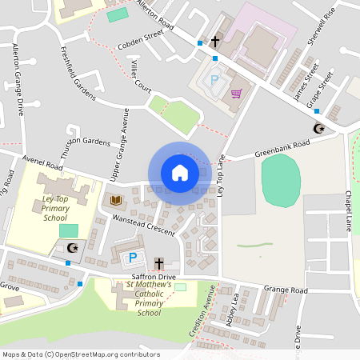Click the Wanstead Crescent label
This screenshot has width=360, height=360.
[x=143, y=224]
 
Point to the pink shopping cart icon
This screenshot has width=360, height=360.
[x=236, y=94]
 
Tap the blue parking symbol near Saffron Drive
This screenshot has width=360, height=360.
[x=133, y=258]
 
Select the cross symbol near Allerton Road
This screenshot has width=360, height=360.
[x=214, y=41]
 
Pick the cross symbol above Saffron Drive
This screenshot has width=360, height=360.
[x=158, y=263]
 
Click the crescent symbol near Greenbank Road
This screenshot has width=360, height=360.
[x=318, y=129]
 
